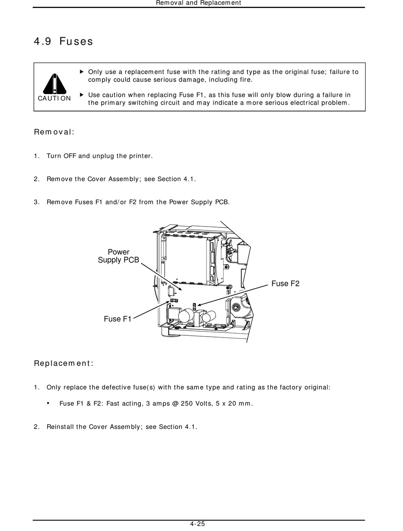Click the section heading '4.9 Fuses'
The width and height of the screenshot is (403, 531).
[63, 41]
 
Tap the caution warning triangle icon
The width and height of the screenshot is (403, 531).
[54, 84]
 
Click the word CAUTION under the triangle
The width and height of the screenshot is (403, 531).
[54, 98]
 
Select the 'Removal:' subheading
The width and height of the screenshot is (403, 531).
[54, 132]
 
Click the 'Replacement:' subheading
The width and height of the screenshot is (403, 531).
[64, 363]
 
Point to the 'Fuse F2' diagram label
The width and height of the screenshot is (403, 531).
[285, 284]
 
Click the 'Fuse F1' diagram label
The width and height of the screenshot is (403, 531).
[118, 319]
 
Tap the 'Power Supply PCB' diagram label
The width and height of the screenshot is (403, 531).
[118, 256]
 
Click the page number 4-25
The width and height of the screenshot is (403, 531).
[198, 524]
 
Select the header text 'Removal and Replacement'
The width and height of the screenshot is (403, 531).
[199, 3]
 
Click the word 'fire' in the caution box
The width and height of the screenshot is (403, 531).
[246, 80]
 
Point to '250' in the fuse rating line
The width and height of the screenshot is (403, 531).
[187, 404]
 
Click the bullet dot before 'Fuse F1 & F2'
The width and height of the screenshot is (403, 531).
[48, 403]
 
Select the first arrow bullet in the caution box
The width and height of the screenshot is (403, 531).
[82, 72]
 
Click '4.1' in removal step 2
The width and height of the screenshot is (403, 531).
[189, 179]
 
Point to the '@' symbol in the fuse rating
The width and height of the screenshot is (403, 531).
[175, 404]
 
